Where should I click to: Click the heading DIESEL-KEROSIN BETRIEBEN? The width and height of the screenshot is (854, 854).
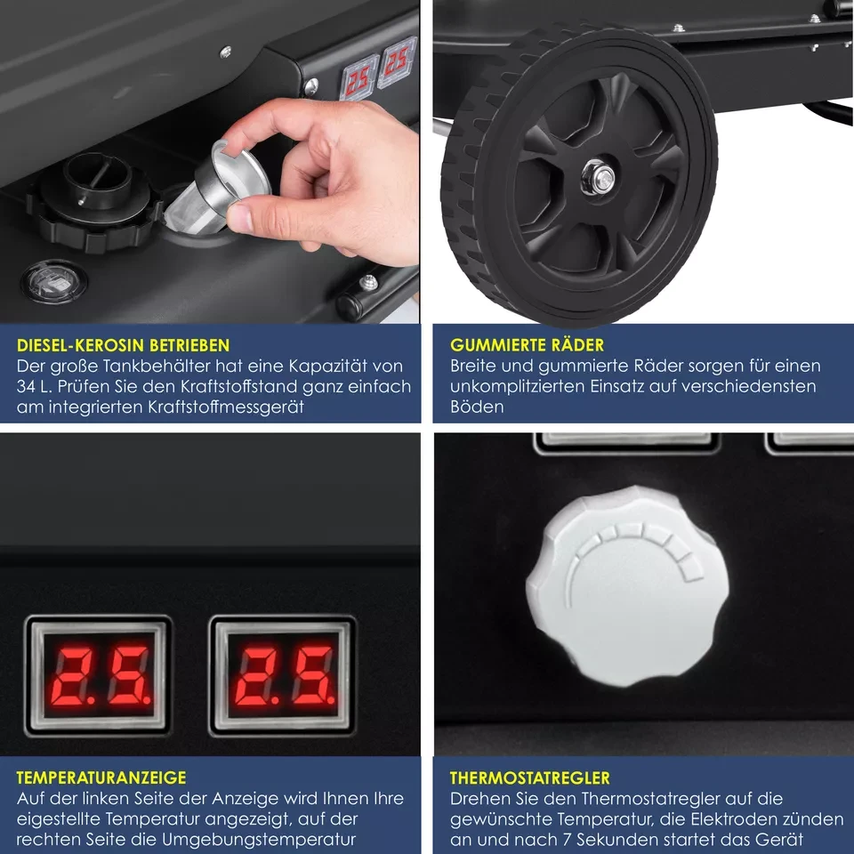coord(123,345)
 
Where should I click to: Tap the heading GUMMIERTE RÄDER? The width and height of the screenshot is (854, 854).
coord(527,345)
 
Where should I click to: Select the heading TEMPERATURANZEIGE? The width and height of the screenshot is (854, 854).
coord(101,777)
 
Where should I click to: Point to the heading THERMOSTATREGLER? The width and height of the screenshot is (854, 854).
coord(530,777)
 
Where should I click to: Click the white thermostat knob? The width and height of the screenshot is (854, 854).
coord(627,586)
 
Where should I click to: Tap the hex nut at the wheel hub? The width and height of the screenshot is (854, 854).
coord(598,178)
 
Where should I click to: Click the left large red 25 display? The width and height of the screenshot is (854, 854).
coord(99,674)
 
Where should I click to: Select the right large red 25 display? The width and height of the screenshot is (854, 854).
coord(283,674)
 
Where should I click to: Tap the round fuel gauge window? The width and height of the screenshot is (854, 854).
coord(53,282)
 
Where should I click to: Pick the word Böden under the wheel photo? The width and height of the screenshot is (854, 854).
coord(477,407)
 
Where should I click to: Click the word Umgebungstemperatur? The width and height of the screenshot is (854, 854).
coord(258,839)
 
